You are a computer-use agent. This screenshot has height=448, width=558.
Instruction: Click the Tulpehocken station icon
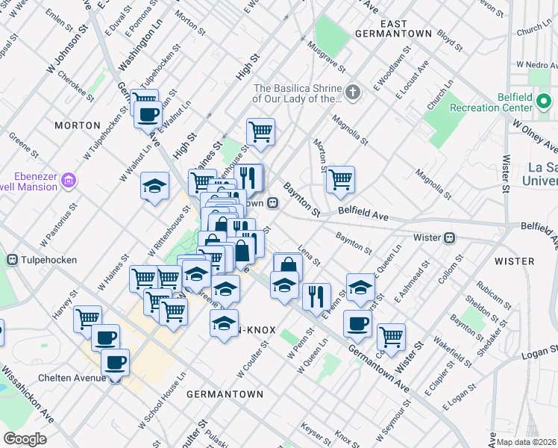[12, 259]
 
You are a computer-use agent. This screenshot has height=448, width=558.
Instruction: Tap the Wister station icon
[450, 237]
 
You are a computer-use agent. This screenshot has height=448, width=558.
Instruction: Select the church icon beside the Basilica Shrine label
[352, 93]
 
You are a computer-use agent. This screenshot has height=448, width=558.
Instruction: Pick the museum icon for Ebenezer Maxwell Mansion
[69, 180]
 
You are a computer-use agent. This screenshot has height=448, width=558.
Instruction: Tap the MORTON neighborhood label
[78, 125]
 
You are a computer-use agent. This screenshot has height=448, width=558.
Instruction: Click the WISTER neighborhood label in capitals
[514, 261]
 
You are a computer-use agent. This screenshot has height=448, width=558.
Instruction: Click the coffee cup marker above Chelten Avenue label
[115, 363]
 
